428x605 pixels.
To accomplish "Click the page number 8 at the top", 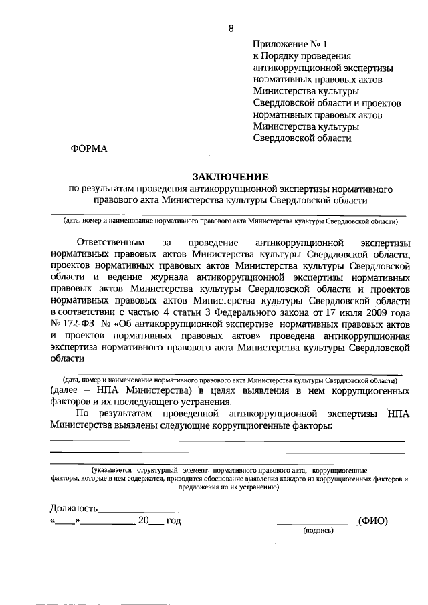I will pos(231,28).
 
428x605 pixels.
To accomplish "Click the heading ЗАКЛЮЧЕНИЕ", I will pos(231,176).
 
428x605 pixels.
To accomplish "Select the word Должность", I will pos(74,509).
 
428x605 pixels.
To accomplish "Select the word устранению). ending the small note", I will pos(258,488).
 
